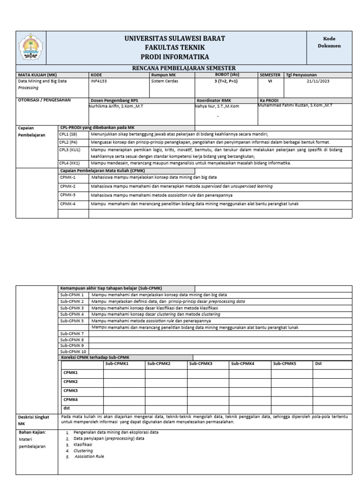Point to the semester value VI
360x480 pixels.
point(269,81)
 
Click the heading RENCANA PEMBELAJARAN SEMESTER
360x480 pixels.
point(183,68)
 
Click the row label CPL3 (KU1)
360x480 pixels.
point(70,150)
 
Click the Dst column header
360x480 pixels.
point(318,363)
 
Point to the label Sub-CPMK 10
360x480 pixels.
point(74,352)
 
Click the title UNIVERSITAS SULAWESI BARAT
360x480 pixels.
point(174,38)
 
